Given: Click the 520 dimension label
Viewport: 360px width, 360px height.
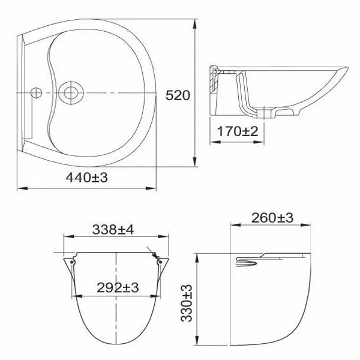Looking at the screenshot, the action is click(x=178, y=95).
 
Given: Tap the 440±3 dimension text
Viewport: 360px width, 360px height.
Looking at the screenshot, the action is click(x=86, y=177).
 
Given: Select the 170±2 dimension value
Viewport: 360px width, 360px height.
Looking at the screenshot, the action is click(x=238, y=131).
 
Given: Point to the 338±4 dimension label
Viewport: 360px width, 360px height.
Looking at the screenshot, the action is click(x=113, y=229).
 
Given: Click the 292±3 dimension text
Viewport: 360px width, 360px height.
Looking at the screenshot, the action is click(x=118, y=287).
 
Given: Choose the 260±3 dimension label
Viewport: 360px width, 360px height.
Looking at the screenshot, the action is click(x=272, y=218).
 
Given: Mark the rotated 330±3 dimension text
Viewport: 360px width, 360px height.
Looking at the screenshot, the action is click(x=186, y=303).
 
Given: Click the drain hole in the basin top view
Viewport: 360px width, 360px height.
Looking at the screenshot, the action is click(x=71, y=93).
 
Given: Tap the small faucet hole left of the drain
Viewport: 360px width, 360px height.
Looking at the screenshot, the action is click(x=36, y=93).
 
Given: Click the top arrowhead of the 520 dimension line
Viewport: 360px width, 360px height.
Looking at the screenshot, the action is click(x=195, y=25).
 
